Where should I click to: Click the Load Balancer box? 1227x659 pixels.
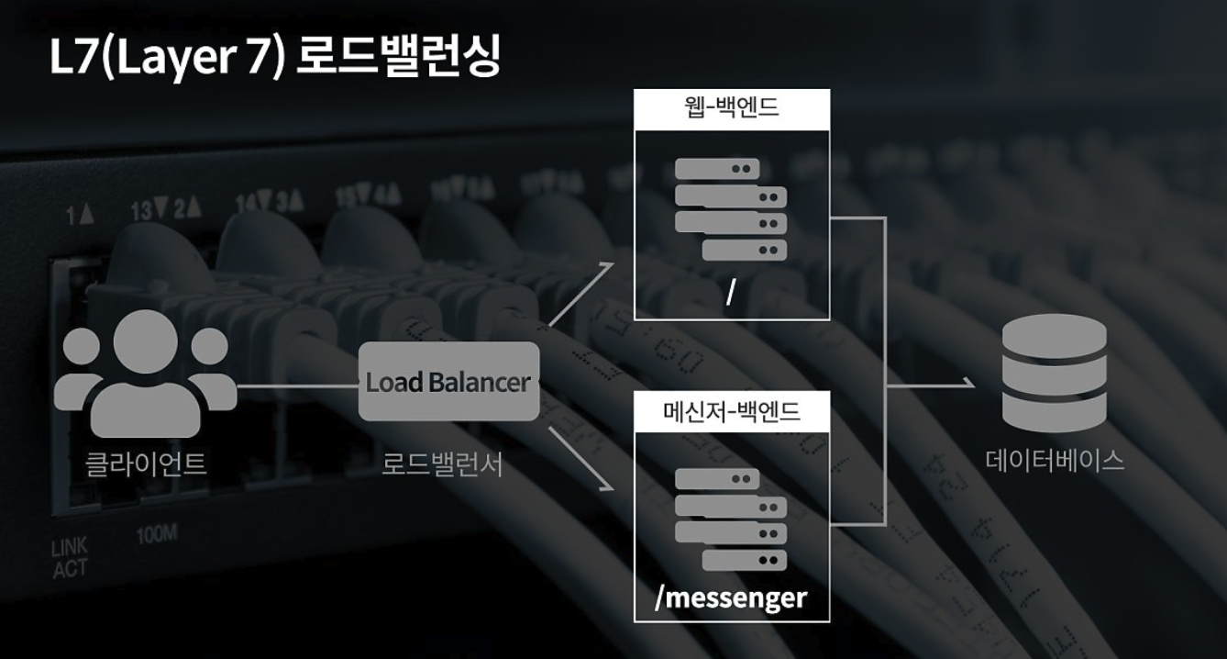pyautogui.click(x=448, y=382)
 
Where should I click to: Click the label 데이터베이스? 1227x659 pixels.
pyautogui.click(x=1055, y=459)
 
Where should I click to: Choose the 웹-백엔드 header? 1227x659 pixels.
pyautogui.click(x=732, y=108)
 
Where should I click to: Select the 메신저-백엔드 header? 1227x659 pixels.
pyautogui.click(x=732, y=411)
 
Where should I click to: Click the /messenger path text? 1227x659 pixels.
pyautogui.click(x=731, y=598)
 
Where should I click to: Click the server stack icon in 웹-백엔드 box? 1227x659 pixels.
pyautogui.click(x=731, y=209)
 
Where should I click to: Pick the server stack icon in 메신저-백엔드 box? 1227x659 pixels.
pyautogui.click(x=731, y=519)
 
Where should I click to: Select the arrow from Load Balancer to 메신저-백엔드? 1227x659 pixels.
pyautogui.click(x=580, y=459)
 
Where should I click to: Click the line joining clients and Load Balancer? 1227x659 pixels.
pyautogui.click(x=297, y=385)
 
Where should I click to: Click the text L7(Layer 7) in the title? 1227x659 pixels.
pyautogui.click(x=170, y=57)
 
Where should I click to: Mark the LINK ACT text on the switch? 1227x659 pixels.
pyautogui.click(x=70, y=559)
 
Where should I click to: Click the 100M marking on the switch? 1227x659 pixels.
pyautogui.click(x=157, y=536)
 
